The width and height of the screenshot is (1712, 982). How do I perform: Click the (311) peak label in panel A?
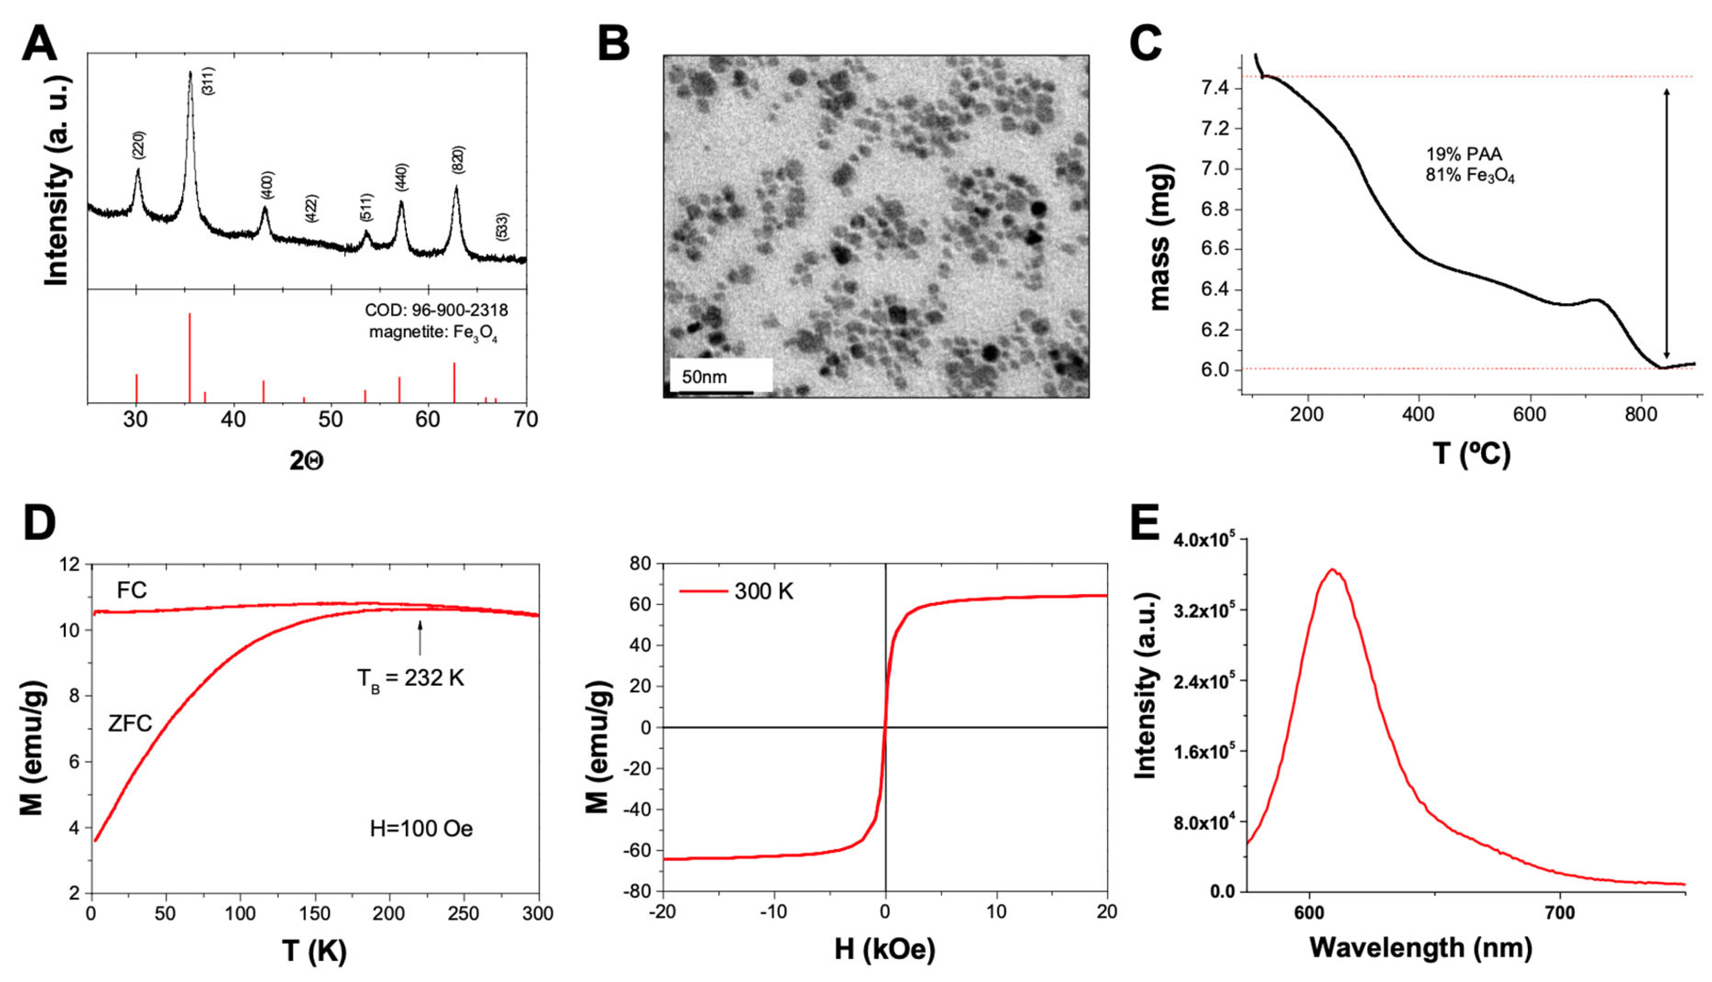[208, 81]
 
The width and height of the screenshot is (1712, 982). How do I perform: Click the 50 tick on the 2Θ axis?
[330, 419]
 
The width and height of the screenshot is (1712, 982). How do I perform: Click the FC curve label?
[132, 591]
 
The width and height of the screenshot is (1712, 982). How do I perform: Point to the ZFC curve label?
[130, 724]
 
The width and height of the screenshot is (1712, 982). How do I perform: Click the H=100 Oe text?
[421, 828]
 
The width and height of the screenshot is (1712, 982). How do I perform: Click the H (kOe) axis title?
[884, 950]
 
